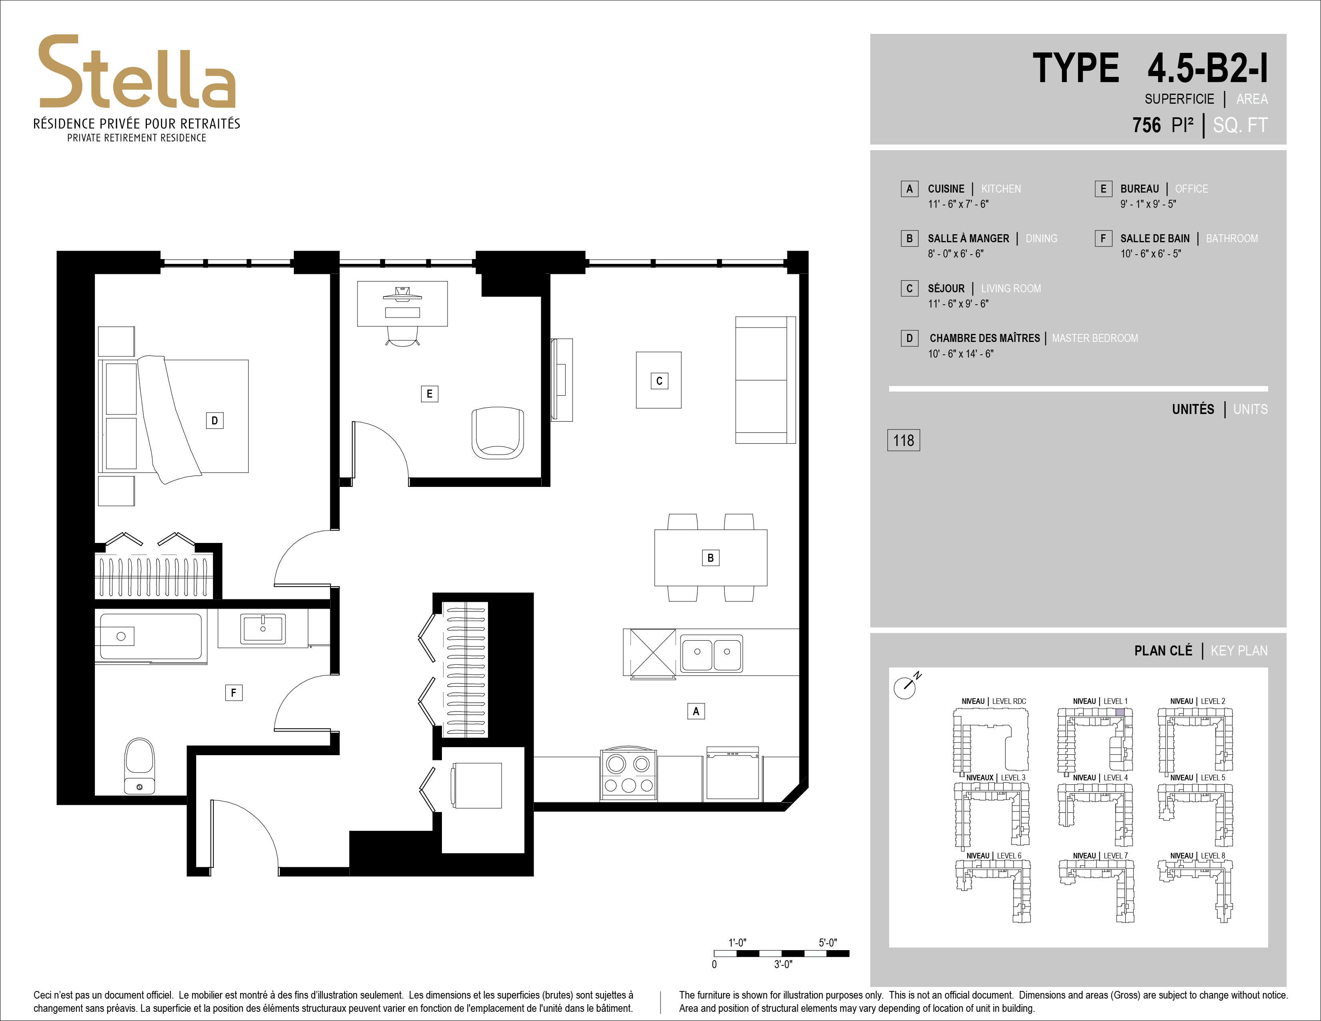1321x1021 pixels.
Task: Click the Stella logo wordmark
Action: coord(137,72)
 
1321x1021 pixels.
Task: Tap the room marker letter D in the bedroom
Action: coord(215,420)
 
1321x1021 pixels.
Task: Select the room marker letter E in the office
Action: coord(430,394)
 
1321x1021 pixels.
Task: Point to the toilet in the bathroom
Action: coord(139,765)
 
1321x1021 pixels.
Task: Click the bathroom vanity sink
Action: coord(263,628)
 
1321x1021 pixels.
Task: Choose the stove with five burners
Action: coord(628,775)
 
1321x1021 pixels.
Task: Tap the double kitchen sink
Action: coord(712,653)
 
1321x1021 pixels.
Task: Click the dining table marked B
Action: coord(711,558)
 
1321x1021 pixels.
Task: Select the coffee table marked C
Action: coord(658,380)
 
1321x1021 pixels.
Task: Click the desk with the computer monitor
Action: coord(402,303)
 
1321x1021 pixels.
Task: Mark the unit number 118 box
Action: coord(903,440)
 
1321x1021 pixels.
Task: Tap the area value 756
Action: coord(1147,125)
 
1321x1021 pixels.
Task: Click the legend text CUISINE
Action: coord(946,189)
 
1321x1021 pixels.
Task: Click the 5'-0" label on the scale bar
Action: coord(827,943)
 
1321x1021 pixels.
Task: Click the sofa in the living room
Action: coord(765,380)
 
